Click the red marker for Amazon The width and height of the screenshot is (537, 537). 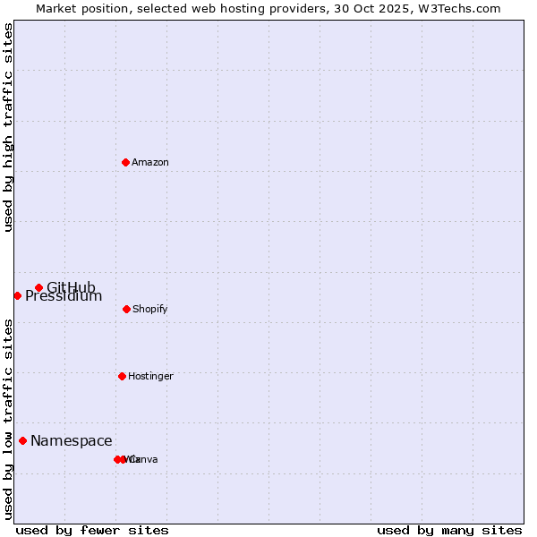[125, 162]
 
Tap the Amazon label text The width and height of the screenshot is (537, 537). [150, 163]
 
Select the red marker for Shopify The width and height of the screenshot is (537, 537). [126, 309]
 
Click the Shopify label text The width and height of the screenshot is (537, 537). [150, 310]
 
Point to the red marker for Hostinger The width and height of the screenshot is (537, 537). [122, 376]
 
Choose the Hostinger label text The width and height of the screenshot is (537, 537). [150, 377]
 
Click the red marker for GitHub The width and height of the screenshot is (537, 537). [38, 287]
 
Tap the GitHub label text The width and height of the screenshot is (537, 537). [71, 287]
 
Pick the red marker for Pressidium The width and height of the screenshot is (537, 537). [17, 295]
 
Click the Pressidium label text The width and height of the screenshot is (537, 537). [64, 296]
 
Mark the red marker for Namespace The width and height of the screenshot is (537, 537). [22, 440]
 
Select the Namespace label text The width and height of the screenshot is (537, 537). [72, 441]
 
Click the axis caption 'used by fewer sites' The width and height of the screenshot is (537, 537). [92, 530]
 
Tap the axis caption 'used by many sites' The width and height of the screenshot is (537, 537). [449, 530]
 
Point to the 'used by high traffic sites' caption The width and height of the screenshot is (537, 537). [9, 127]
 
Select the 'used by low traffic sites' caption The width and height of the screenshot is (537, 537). [9, 419]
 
